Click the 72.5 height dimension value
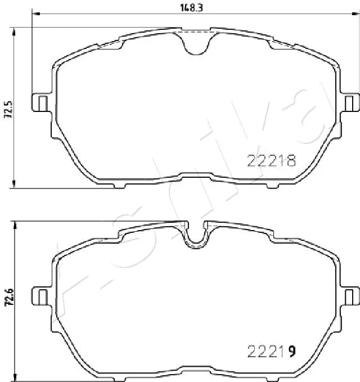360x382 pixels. (x=8, y=106)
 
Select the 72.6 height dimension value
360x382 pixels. (x=8, y=297)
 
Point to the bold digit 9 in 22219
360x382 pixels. (x=291, y=352)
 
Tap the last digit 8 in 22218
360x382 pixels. (x=291, y=162)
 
